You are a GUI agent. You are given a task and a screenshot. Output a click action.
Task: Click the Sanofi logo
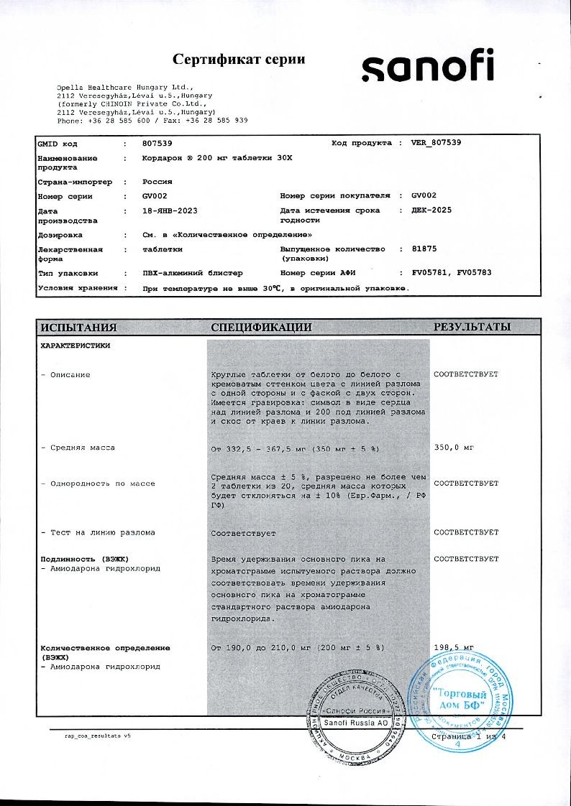click(x=427, y=65)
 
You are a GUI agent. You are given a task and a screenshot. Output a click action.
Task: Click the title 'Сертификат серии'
click(x=239, y=59)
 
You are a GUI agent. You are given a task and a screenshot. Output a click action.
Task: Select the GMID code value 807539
click(x=157, y=143)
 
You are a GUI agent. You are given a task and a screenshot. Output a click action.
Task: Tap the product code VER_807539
click(x=436, y=143)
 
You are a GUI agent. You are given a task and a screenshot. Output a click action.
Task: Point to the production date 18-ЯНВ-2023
click(x=170, y=211)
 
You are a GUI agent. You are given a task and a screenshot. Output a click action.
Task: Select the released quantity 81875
click(x=424, y=249)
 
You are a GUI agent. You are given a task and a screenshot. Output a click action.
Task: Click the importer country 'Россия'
click(x=157, y=182)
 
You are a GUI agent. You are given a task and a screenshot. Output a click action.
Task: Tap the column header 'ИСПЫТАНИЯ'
click(x=78, y=328)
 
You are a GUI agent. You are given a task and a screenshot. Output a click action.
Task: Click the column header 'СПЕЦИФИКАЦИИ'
click(x=261, y=328)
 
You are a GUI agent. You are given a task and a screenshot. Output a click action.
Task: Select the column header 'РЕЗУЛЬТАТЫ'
click(x=472, y=328)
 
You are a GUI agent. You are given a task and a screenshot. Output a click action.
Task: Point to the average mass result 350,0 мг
click(x=454, y=448)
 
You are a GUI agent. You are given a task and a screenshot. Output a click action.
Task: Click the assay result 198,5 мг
click(x=454, y=648)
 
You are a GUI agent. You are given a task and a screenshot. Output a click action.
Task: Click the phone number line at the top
click(x=152, y=120)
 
